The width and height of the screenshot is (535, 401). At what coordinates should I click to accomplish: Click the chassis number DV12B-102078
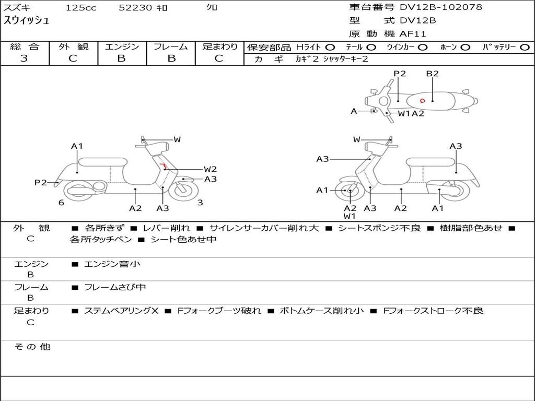pyautogui.click(x=441, y=7)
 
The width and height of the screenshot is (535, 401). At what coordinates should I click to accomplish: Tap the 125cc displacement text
pyautogui.click(x=81, y=7)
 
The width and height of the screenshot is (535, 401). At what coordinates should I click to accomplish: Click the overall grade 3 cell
pyautogui.click(x=24, y=58)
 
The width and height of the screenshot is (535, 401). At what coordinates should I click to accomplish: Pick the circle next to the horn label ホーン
pyautogui.click(x=465, y=48)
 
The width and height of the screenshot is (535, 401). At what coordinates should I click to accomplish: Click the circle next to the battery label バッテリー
pyautogui.click(x=525, y=48)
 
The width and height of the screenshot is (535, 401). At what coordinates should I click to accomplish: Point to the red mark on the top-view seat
pyautogui.click(x=422, y=101)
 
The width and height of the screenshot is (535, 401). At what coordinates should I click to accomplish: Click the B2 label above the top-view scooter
pyautogui.click(x=432, y=74)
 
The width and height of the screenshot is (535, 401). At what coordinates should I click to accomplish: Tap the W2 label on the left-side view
pyautogui.click(x=210, y=169)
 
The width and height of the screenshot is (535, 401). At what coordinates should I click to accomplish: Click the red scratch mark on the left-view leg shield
pyautogui.click(x=164, y=166)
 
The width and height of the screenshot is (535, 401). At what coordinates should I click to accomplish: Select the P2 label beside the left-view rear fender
pyautogui.click(x=41, y=182)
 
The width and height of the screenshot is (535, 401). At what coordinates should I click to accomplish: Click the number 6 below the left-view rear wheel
pyautogui.click(x=61, y=203)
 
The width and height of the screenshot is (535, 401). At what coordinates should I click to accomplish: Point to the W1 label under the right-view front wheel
pyautogui.click(x=350, y=216)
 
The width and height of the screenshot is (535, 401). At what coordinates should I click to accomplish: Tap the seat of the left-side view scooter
pyautogui.click(x=103, y=162)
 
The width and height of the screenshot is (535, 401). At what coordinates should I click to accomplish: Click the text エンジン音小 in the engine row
pyautogui.click(x=112, y=264)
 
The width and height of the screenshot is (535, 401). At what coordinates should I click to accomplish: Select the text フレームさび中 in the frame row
pyautogui.click(x=115, y=288)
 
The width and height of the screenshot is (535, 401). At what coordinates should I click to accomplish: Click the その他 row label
pyautogui.click(x=32, y=347)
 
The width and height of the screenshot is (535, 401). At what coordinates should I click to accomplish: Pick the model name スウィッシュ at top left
pyautogui.click(x=26, y=20)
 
